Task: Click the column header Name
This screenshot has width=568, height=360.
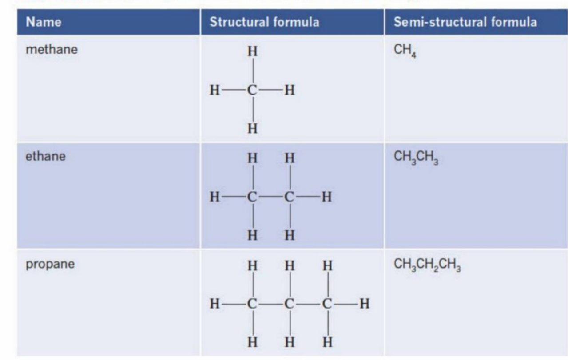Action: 44,22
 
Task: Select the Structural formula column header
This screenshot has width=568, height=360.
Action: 265,22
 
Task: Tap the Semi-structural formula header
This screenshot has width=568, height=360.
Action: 465,22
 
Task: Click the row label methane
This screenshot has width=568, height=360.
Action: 52,49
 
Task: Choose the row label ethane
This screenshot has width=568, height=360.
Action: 46,156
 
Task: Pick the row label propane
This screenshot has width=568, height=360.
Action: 50,264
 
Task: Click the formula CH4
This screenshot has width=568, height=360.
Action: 405,50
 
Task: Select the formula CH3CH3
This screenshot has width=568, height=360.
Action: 416,157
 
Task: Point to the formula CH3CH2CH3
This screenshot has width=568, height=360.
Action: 427,265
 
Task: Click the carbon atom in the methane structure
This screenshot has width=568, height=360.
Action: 252,90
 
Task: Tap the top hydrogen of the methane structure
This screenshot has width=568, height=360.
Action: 253,51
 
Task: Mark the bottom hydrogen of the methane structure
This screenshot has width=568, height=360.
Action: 253,128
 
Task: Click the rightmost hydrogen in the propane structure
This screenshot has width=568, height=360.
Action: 365,304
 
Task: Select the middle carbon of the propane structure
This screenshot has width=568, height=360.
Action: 289,304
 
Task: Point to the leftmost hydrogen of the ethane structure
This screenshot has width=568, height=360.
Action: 214,197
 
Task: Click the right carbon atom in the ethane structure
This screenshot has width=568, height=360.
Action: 289,197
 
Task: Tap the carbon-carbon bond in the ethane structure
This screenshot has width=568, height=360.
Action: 271,197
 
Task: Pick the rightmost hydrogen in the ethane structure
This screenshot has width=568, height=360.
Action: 327,197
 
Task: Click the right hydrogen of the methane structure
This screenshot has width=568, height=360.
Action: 290,90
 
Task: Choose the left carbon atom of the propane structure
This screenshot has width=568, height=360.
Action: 252,304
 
